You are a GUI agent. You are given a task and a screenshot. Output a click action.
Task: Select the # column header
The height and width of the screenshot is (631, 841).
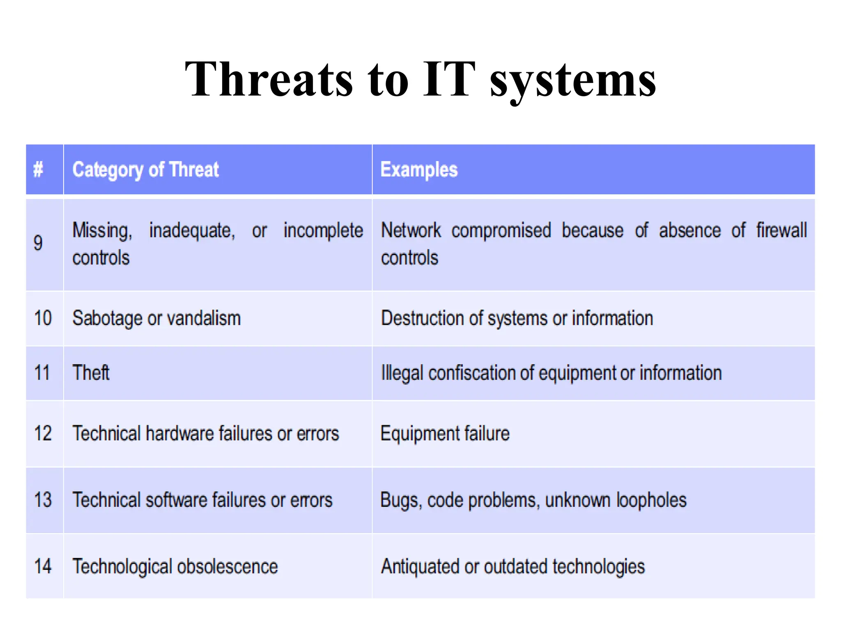pyautogui.click(x=38, y=169)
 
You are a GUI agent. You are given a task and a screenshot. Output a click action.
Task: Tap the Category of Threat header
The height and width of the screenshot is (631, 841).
pyautogui.click(x=145, y=170)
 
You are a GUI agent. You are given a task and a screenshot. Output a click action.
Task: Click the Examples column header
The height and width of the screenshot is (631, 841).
pyautogui.click(x=419, y=170)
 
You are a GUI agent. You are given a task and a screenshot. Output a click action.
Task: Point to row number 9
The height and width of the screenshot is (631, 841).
pyautogui.click(x=38, y=243)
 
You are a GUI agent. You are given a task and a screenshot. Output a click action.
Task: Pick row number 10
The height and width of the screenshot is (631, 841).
pyautogui.click(x=43, y=318)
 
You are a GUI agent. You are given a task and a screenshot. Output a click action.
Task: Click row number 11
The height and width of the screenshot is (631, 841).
pyautogui.click(x=42, y=373)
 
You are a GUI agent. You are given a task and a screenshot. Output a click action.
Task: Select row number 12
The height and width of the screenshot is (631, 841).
pyautogui.click(x=43, y=434)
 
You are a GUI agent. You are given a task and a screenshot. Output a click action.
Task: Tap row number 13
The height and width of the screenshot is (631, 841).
pyautogui.click(x=43, y=500)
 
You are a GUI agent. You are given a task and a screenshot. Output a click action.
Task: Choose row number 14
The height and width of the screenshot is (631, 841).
pyautogui.click(x=43, y=567)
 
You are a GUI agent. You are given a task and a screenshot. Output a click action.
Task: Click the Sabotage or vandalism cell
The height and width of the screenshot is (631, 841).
pyautogui.click(x=156, y=319)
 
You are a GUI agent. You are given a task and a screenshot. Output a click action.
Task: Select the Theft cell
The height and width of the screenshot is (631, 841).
pyautogui.click(x=91, y=373)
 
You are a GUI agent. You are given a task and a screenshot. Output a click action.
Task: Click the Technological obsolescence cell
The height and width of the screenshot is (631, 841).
pyautogui.click(x=175, y=567)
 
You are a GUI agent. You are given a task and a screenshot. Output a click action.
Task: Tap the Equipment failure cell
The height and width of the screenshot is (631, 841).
pyautogui.click(x=445, y=434)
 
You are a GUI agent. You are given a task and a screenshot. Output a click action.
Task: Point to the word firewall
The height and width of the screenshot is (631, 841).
pyautogui.click(x=781, y=230)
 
